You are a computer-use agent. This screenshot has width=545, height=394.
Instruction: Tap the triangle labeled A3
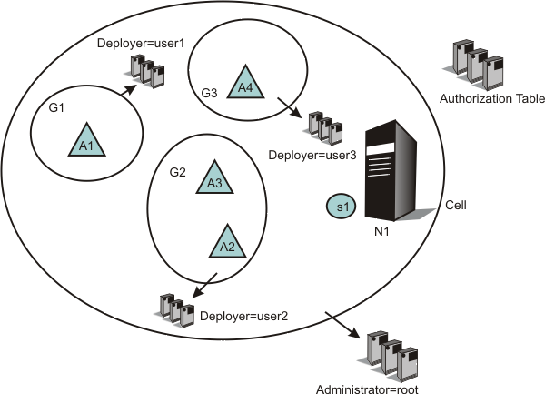214,178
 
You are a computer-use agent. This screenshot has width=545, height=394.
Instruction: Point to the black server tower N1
391,173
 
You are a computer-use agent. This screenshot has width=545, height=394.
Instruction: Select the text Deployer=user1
133,44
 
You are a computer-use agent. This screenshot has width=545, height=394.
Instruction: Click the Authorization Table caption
479,98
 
